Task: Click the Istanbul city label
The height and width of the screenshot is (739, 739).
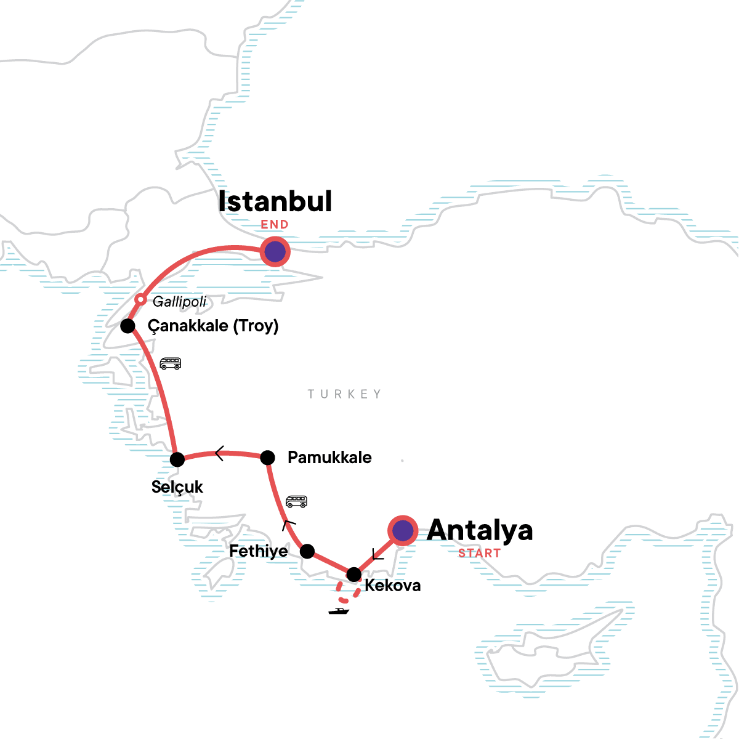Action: (x=275, y=202)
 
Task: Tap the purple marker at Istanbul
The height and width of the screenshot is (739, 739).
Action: (x=275, y=251)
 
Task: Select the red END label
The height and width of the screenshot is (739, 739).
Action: (x=275, y=225)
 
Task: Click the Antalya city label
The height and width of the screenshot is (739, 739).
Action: (x=480, y=530)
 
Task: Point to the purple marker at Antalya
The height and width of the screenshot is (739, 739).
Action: (x=403, y=530)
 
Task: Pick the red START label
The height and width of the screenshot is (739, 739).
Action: (x=479, y=553)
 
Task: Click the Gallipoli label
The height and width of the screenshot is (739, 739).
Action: (x=179, y=302)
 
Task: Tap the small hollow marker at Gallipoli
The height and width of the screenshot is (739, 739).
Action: (x=140, y=300)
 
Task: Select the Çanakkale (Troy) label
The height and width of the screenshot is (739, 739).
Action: (x=213, y=326)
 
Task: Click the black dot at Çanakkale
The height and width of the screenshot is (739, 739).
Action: (x=127, y=326)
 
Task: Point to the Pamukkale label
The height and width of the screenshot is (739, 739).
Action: (x=329, y=458)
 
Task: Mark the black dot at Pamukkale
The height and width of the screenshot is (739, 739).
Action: (x=267, y=458)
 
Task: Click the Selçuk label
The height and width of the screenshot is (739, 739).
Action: (x=177, y=487)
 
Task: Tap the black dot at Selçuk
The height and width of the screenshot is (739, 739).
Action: (x=177, y=459)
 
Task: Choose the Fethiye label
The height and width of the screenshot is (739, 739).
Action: (x=259, y=551)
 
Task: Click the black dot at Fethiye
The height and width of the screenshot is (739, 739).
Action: (x=307, y=551)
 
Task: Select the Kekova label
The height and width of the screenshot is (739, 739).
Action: (x=393, y=585)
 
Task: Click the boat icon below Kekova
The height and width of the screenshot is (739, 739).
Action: (x=339, y=612)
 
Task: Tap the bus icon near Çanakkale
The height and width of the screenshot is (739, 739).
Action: (x=171, y=363)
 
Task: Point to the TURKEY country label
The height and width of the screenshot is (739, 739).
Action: (x=345, y=394)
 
